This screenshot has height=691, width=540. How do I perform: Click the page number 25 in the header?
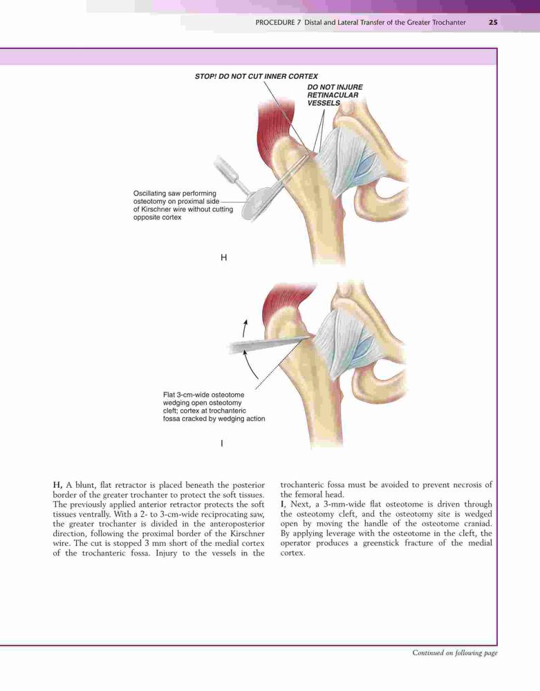pyautogui.click(x=493, y=23)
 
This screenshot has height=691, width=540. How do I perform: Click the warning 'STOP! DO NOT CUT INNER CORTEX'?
pyautogui.click(x=256, y=76)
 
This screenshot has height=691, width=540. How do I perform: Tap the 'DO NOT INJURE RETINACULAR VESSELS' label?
pyautogui.click(x=335, y=95)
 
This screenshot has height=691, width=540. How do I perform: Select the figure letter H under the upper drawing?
pyautogui.click(x=223, y=257)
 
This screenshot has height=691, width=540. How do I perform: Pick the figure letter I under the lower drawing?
pyautogui.click(x=222, y=444)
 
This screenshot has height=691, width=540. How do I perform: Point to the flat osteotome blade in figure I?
pyautogui.click(x=268, y=344)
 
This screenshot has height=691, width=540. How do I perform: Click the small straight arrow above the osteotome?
pyautogui.click(x=245, y=328)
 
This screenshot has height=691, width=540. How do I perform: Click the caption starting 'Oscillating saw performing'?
pyautogui.click(x=183, y=205)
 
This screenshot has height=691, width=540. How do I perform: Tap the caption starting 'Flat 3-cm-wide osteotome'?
pyautogui.click(x=214, y=407)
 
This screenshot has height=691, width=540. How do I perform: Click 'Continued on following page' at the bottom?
pyautogui.click(x=454, y=653)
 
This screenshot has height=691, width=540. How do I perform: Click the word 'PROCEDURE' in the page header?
pyautogui.click(x=275, y=23)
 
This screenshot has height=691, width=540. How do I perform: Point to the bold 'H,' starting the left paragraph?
pyautogui.click(x=58, y=485)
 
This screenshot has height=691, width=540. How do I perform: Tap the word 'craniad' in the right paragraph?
pyautogui.click(x=477, y=524)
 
